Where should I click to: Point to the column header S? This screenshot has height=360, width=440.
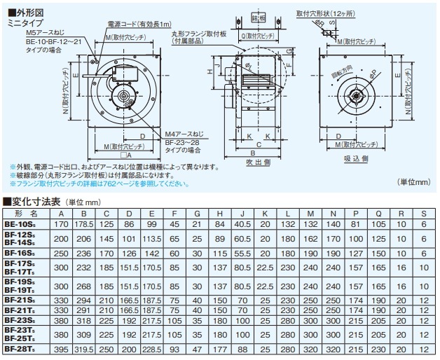point(423,213)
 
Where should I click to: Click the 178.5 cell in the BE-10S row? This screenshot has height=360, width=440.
point(84,224)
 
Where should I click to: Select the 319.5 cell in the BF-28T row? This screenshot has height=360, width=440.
point(84,348)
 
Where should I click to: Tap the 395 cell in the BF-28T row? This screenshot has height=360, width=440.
point(61,348)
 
